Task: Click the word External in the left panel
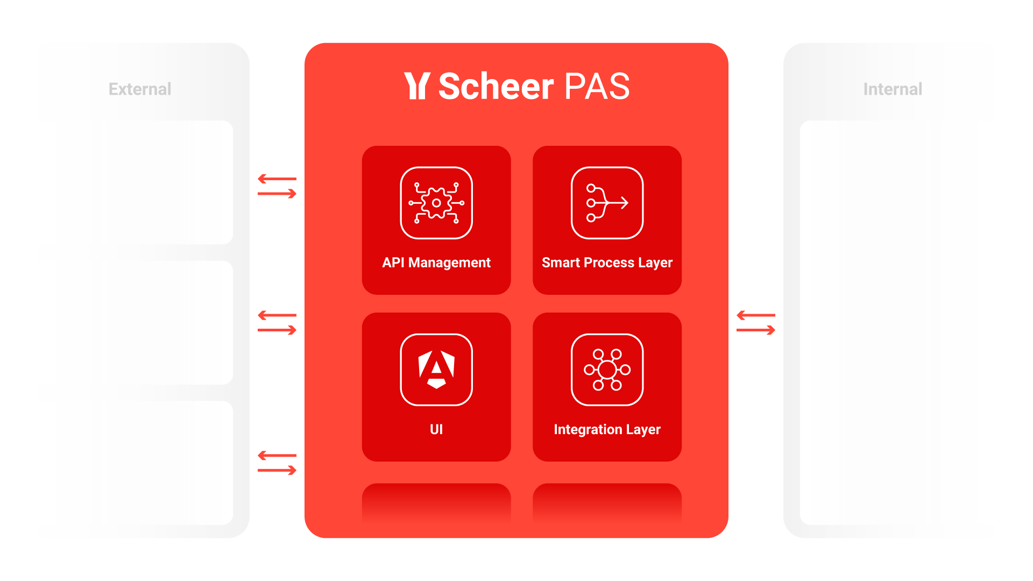point(140,89)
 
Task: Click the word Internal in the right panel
point(893,89)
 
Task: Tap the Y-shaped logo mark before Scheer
point(417,86)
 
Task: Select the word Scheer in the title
point(496,86)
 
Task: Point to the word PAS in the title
point(597,86)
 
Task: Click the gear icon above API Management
point(436,203)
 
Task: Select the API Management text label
point(436,263)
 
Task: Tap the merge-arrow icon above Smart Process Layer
point(607,203)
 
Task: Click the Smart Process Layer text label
point(607,263)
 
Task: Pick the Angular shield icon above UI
point(436,370)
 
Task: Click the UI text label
point(436,429)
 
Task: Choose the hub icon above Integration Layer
point(607,370)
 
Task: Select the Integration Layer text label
point(607,429)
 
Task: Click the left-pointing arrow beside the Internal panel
point(755,315)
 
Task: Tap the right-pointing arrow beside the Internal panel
point(756,330)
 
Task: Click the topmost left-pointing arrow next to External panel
point(277,179)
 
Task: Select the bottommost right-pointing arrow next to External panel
point(278,471)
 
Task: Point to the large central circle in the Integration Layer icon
point(607,370)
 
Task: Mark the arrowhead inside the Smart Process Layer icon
point(625,203)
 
